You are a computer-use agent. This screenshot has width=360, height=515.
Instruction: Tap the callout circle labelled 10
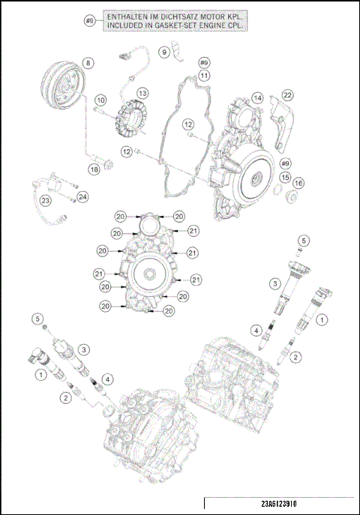coord(100,99)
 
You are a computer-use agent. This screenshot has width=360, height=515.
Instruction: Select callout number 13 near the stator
coord(142,93)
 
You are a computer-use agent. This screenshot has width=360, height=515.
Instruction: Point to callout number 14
coord(257,98)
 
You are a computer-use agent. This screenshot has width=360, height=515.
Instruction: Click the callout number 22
coord(287,94)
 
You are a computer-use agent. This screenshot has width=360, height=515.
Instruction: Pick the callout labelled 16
coord(298,183)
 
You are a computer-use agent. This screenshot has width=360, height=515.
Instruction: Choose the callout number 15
coord(286,177)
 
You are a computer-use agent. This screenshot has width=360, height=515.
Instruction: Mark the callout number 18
coord(94,169)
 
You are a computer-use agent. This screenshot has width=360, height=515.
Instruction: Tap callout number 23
coord(46,200)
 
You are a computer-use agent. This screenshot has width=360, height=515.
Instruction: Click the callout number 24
coord(82,196)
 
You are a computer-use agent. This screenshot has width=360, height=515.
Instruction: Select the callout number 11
coord(204,75)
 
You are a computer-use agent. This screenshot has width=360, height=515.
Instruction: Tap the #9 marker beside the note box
coord(90,21)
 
